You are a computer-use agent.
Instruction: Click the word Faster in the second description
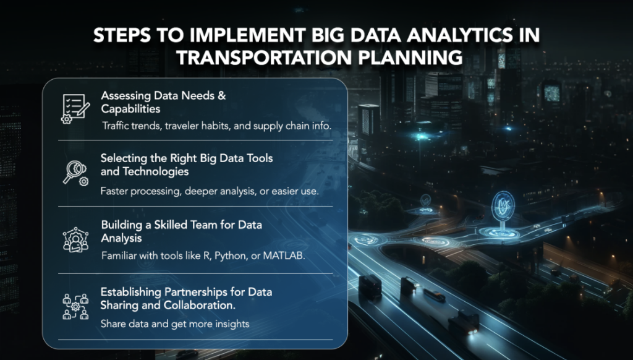coord(116,191)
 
